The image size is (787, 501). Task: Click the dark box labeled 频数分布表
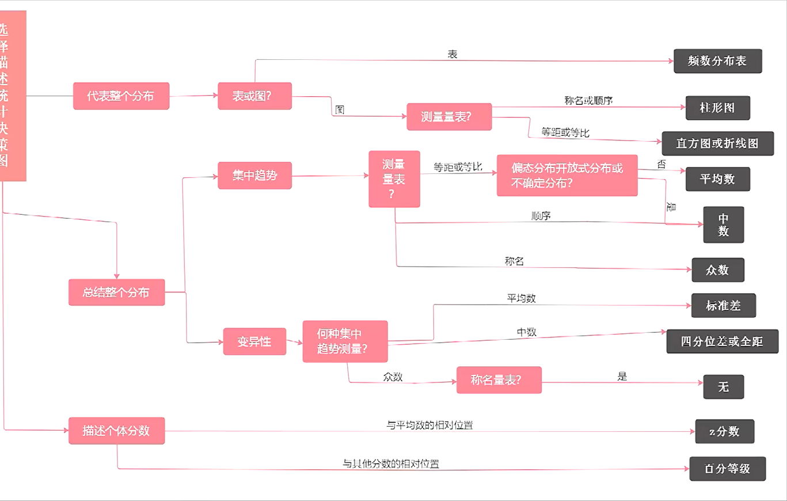[717, 61]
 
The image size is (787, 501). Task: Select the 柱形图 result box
[717, 108]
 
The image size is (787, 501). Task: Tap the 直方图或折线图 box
[717, 144]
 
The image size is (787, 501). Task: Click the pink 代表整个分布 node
[121, 96]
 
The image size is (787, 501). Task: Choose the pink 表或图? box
[254, 96]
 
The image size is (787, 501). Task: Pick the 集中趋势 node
[254, 176]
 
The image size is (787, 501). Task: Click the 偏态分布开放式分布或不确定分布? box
[567, 175]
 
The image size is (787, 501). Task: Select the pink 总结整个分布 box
[116, 293]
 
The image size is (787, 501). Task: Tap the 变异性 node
[254, 341]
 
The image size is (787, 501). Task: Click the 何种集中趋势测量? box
[345, 341]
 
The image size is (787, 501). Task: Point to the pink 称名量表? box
[499, 380]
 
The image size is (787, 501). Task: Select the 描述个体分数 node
[116, 431]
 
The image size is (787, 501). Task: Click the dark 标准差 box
[723, 306]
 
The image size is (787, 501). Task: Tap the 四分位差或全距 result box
[722, 341]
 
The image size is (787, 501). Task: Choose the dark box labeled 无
[723, 387]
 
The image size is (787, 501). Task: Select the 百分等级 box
[728, 469]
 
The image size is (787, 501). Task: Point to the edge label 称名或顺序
[588, 101]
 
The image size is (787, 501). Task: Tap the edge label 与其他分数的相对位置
[391, 464]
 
